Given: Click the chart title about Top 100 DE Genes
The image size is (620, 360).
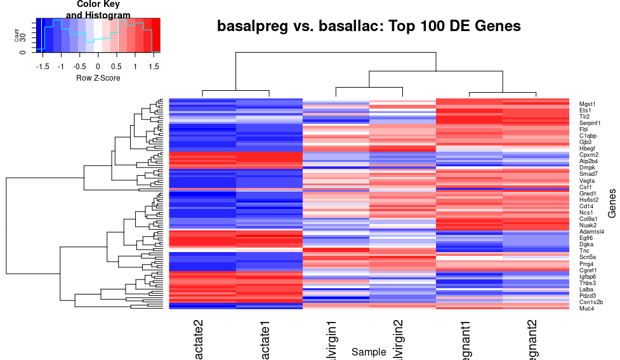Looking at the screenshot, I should pos(369,27).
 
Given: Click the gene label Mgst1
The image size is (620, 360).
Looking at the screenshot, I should pos(588,103).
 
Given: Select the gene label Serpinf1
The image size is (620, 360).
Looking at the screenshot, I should pos(590,123).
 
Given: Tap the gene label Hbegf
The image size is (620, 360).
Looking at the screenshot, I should pos(588,149).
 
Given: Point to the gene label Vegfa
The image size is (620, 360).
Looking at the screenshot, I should pos(587,181).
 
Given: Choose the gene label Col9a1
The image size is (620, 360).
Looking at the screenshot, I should pos(588,219).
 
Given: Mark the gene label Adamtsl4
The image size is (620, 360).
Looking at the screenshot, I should pos(591,232).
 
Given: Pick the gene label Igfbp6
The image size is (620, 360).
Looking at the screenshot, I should pos(588,277).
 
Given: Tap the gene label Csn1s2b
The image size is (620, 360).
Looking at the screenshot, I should pos(591,302).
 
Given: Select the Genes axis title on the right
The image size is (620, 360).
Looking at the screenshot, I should pos(612,203).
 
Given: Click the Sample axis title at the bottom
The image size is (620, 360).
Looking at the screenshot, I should pos(369,352).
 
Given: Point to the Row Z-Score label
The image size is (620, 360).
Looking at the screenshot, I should pos(98,78).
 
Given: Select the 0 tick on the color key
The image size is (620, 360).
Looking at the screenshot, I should pos(98,66).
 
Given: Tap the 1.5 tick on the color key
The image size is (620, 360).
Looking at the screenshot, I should pos(153,66).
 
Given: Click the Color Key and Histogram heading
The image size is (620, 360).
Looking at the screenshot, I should pos(98,10).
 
